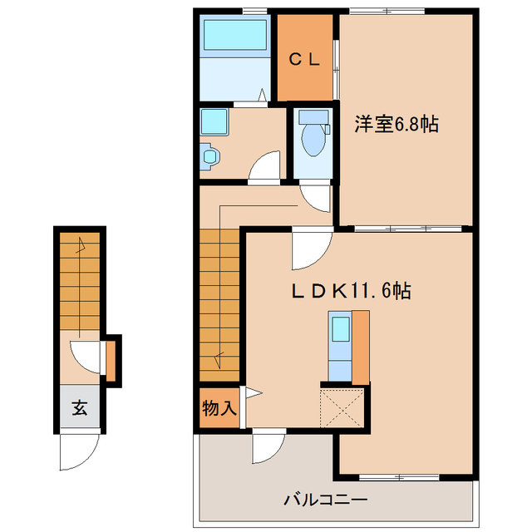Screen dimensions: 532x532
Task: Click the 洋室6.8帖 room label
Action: pos(397,125)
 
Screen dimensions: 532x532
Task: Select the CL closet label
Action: pos(305,59)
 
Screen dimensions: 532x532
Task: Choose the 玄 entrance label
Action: pos(79,408)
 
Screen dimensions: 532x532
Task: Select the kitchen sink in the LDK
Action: pos(340,328)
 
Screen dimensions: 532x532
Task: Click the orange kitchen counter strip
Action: pos(360,346)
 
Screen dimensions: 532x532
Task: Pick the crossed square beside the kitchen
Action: pos(343,407)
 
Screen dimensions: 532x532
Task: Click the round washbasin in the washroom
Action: pos(208,155)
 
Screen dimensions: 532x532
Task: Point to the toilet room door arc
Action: pos(315,197)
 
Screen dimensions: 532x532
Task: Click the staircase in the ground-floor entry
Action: pos(79,283)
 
